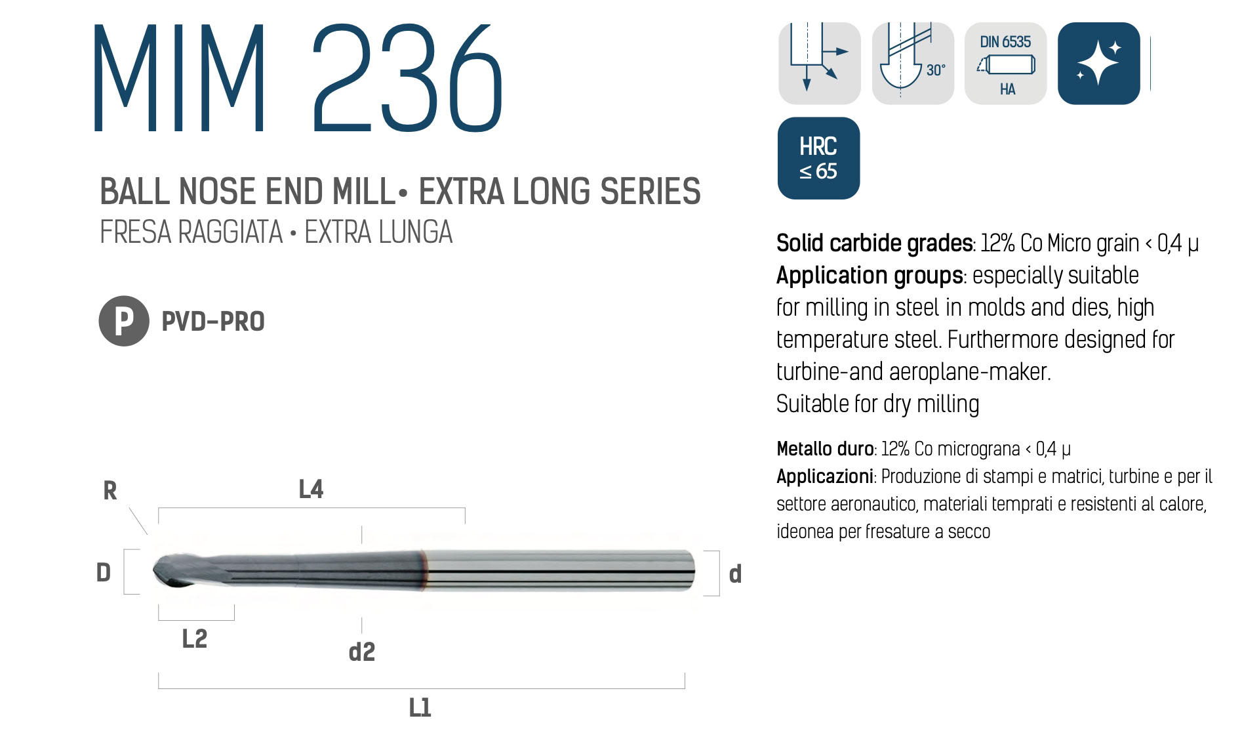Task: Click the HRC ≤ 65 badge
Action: click(x=818, y=158)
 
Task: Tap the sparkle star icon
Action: click(x=1099, y=64)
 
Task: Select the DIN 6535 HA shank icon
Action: click(x=1006, y=64)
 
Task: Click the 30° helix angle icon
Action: click(x=913, y=64)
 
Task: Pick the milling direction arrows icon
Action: click(x=820, y=64)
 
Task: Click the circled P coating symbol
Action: click(x=124, y=321)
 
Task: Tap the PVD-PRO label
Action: click(x=213, y=322)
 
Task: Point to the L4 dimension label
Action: click(x=311, y=489)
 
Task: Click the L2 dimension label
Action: click(x=195, y=639)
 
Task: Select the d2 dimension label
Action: click(x=362, y=652)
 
